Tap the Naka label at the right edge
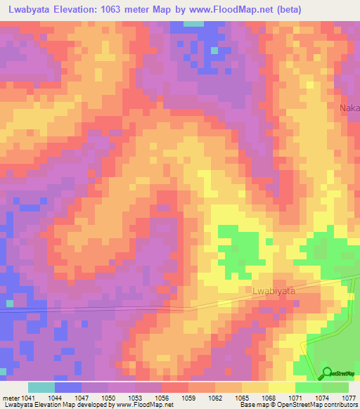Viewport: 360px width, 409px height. [x=349, y=108]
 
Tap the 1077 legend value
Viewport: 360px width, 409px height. [x=349, y=398]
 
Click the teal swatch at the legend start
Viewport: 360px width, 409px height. [x=41, y=387]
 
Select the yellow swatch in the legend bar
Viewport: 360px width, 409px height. [x=281, y=387]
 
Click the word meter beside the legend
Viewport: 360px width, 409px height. [x=12, y=398]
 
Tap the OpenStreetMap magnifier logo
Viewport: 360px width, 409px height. [x=327, y=373]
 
